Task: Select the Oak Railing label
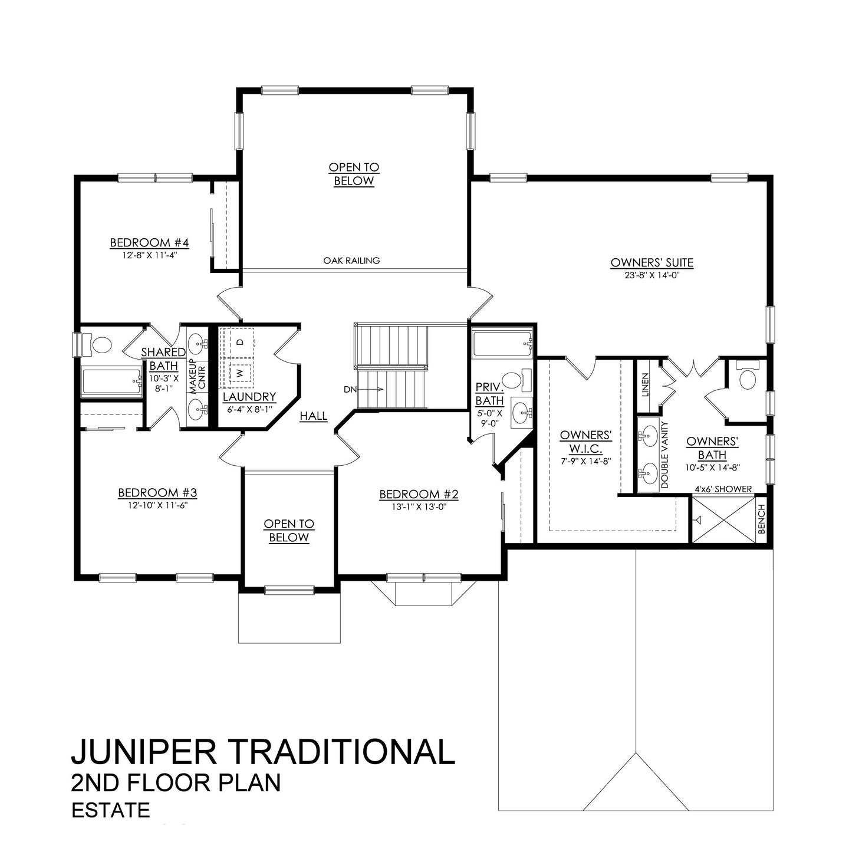pyautogui.click(x=351, y=260)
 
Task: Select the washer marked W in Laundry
pyautogui.click(x=240, y=373)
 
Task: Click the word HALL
pyautogui.click(x=313, y=416)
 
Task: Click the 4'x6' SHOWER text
pyautogui.click(x=723, y=489)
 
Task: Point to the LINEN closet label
pyautogui.click(x=644, y=384)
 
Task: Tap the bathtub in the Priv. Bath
pyautogui.click(x=501, y=344)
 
